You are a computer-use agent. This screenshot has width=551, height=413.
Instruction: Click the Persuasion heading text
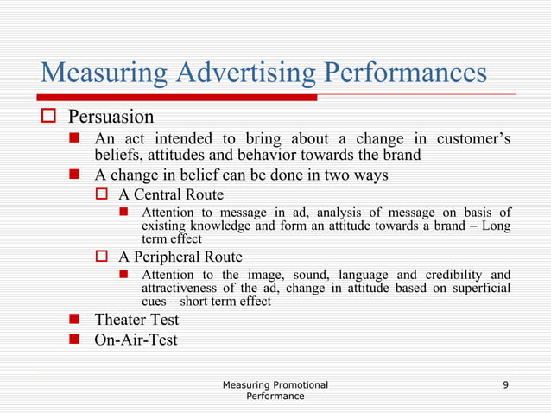[x=111, y=117]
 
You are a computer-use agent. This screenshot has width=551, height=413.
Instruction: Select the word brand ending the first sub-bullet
[x=402, y=156]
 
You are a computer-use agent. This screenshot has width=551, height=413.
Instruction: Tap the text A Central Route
[x=171, y=194]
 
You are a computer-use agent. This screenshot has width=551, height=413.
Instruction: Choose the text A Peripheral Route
[x=180, y=257]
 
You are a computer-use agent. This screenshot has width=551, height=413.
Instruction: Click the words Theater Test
[x=136, y=320]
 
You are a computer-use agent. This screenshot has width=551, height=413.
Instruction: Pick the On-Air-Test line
[x=136, y=340]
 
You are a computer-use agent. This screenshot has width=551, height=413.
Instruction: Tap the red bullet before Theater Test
[x=75, y=320]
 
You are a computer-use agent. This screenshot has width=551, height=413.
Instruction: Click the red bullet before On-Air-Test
[x=75, y=340]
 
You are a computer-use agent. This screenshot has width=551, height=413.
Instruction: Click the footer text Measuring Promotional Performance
[x=275, y=389]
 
